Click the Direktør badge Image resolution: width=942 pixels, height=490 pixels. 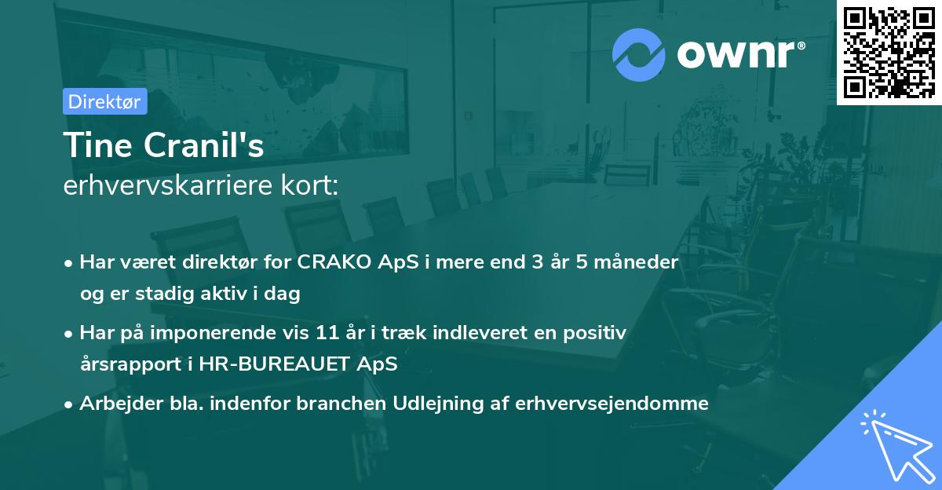pos(104,101)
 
